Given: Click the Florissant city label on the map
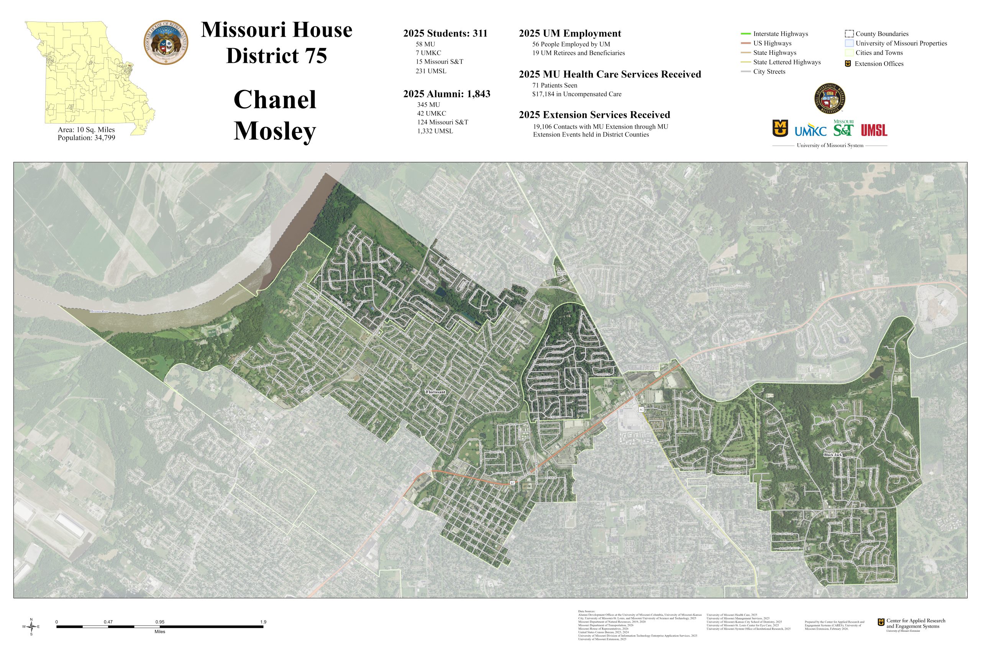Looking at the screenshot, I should pos(435,392).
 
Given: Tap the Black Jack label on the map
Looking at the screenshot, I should pos(833,455).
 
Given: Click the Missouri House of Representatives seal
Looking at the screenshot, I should pos(166,43).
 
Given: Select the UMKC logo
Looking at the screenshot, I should pos(810,130).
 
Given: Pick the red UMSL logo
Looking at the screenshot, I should pos(874,130).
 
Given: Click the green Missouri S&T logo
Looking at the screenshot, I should pos(843,128).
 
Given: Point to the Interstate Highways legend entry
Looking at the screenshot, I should pos(780,34).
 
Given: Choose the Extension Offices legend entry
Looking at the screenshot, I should pos(878,64).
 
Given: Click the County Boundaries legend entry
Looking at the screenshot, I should pos(881,34).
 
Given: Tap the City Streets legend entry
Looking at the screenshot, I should pos(769,72).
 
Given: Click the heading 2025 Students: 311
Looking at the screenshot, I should pos(445,33).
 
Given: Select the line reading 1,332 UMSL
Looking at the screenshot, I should pos(435,131).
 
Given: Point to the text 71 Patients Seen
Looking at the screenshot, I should pos(554,85).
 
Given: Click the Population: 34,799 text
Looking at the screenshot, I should pos(86,138).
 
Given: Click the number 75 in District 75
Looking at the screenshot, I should pos(315,56).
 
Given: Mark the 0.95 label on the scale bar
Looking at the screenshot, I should pos(160,622).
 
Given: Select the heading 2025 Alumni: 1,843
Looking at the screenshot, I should pos(446,94).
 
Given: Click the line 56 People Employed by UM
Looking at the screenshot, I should pos(571,44).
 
